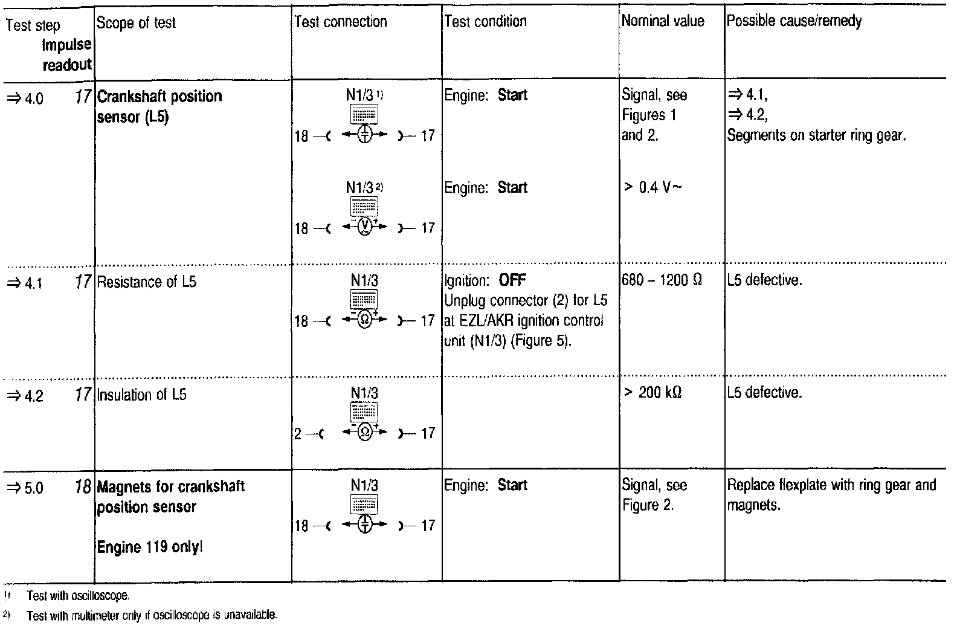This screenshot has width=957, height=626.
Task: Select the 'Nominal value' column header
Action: (663, 21)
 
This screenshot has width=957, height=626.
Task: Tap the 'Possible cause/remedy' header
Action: (794, 21)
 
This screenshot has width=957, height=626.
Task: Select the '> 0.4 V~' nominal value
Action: (652, 187)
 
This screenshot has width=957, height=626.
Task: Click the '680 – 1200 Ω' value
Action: (662, 280)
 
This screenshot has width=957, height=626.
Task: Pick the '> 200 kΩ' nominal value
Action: (652, 393)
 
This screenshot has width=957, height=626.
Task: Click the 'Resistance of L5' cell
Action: (147, 282)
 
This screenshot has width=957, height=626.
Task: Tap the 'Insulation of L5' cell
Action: (142, 395)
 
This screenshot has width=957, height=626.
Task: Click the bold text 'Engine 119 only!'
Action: (150, 547)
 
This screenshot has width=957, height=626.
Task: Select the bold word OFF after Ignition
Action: (512, 280)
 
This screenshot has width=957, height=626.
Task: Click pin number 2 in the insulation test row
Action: (297, 434)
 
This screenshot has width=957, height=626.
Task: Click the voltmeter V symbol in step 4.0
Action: (364, 227)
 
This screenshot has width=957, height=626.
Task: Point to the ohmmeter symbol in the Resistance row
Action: (364, 319)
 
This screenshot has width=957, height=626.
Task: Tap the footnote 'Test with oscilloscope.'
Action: (78, 596)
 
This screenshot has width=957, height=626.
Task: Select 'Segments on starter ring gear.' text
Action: (816, 135)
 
